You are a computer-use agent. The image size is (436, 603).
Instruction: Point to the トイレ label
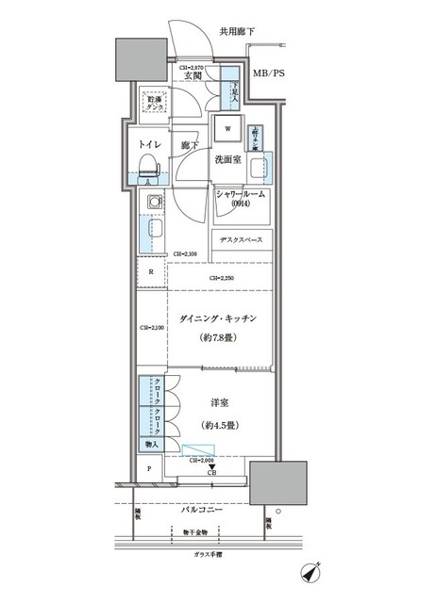pos(149,146)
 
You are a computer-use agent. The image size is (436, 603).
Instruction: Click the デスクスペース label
pos(243,239)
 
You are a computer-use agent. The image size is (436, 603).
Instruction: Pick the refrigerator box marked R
pos(151,272)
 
